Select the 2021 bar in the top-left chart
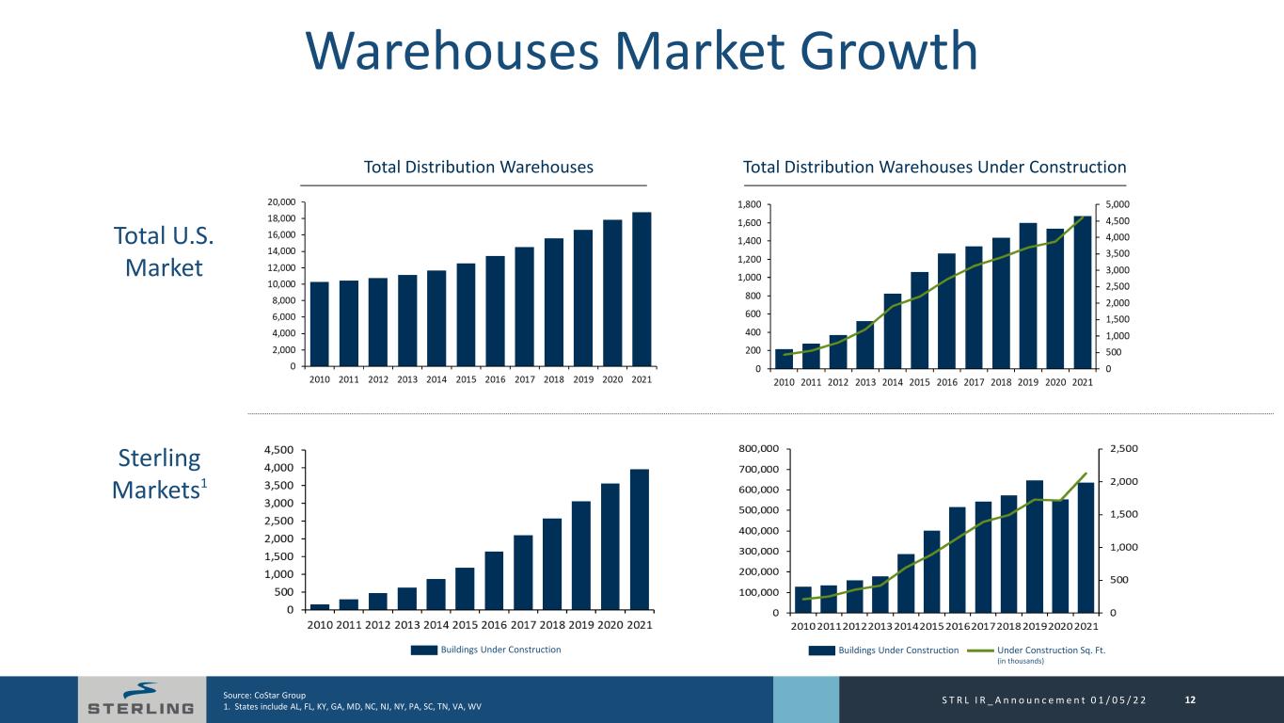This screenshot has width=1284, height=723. [642, 289]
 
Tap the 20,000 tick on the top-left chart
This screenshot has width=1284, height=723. [281, 202]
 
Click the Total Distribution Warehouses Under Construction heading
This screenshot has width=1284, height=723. [934, 168]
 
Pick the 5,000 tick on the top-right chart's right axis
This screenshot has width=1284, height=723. [1111, 204]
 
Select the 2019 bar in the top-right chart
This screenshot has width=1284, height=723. [1028, 296]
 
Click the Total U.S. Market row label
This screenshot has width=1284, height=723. [164, 251]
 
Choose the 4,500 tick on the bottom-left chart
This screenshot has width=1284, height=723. [280, 450]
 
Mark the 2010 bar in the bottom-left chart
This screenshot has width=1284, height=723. [321, 606]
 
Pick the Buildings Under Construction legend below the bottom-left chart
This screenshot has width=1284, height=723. [488, 650]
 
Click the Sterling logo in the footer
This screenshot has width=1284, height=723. [141, 699]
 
